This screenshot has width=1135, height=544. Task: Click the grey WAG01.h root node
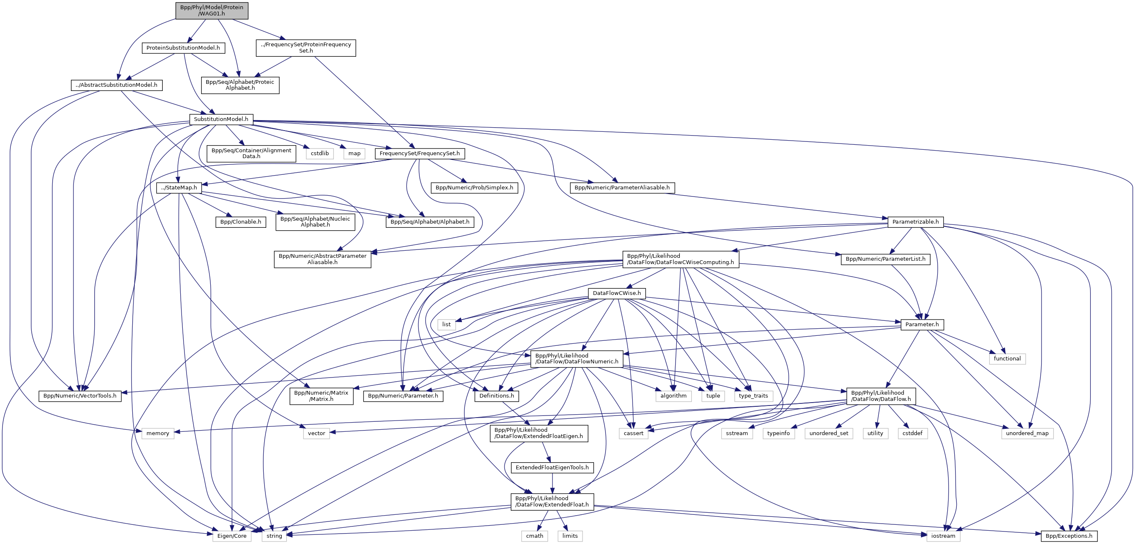[212, 10]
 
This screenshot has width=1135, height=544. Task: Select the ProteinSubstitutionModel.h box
[183, 48]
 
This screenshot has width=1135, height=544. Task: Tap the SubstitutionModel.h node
[221, 119]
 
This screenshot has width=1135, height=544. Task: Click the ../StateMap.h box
[179, 188]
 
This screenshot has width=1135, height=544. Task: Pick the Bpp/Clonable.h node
[241, 222]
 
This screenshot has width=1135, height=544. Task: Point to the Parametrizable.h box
[915, 222]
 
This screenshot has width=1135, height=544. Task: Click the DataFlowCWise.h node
[616, 293]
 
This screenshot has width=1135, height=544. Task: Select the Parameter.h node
[922, 325]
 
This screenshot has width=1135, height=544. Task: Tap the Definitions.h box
[497, 396]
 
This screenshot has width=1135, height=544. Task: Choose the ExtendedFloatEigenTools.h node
[552, 468]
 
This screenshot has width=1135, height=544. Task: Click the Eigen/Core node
[232, 536]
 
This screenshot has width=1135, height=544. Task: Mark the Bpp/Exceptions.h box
[1069, 536]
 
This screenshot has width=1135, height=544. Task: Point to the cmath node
[535, 536]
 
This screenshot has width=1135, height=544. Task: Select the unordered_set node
[829, 433]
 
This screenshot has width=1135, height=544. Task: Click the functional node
[1007, 358]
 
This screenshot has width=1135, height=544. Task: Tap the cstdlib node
[320, 154]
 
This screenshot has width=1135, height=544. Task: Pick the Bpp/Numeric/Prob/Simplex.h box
[474, 188]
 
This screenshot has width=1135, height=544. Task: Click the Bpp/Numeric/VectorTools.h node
[80, 396]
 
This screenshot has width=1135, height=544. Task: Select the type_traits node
[753, 396]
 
